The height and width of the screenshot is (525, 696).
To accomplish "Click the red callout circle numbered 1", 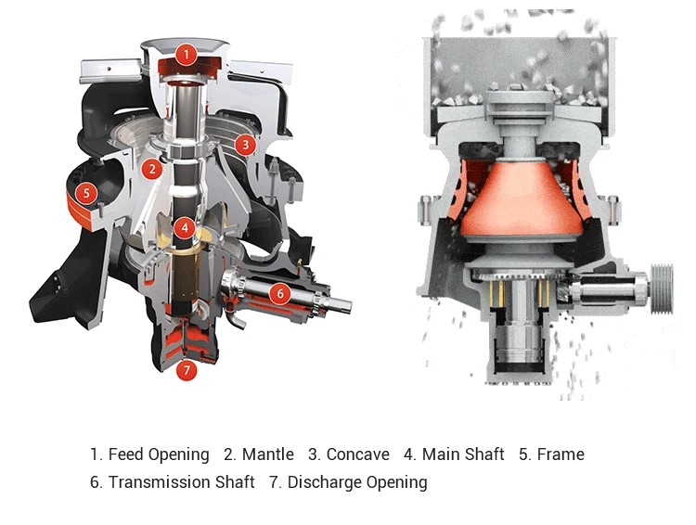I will (186, 54).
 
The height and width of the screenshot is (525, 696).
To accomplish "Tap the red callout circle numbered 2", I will (151, 169).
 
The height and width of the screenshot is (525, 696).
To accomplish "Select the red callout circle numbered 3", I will (244, 144).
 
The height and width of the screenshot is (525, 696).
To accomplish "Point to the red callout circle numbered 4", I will (186, 226).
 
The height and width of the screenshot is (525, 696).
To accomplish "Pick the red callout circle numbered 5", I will (85, 193).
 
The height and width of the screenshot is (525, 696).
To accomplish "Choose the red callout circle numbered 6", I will (278, 293).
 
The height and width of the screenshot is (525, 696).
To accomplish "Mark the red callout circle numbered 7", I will (186, 371).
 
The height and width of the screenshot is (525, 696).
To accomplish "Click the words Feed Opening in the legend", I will (159, 455).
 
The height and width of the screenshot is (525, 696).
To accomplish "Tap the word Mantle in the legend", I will (267, 455).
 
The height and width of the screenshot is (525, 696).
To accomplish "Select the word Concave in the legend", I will (357, 455).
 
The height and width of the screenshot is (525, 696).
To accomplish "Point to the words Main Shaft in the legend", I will (463, 455).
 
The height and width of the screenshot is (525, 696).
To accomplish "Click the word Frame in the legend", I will (560, 455).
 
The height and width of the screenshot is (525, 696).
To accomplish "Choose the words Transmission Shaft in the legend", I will (181, 482).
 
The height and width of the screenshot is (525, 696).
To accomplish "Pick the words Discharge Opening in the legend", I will (357, 482).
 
